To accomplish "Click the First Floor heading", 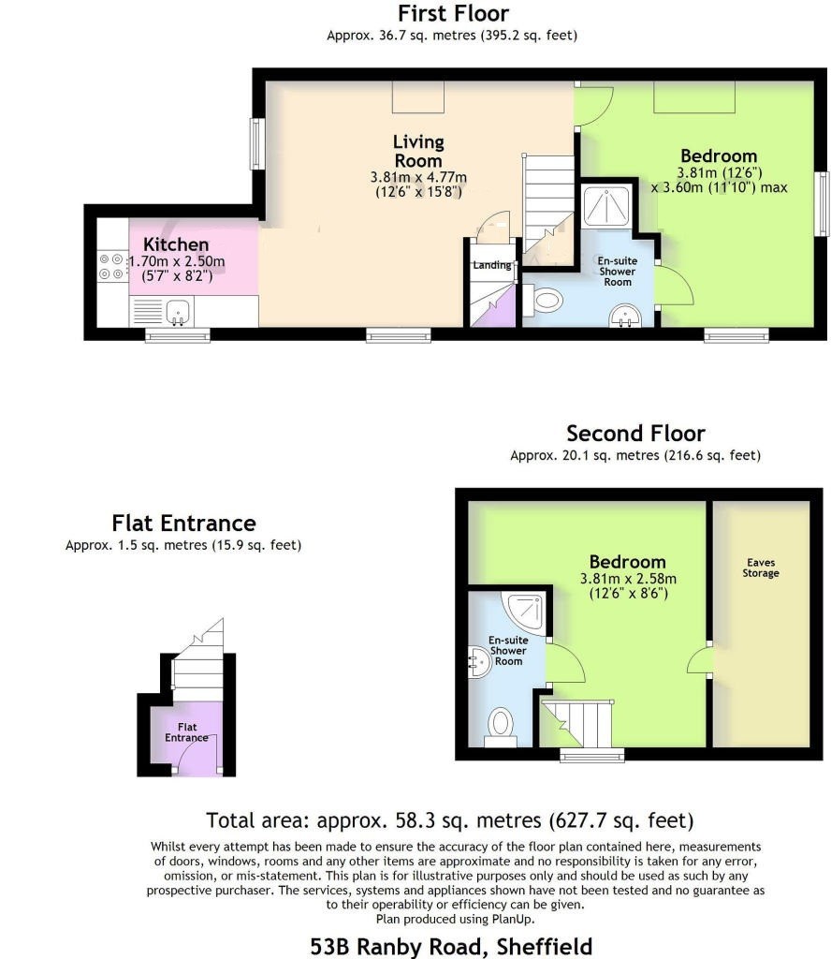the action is [x=453, y=13].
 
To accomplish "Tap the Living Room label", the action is [x=418, y=151].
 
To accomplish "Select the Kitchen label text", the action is [x=176, y=244].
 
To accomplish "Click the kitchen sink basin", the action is [x=179, y=312].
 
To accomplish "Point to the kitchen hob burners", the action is [x=111, y=267].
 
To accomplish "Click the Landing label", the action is [x=492, y=265].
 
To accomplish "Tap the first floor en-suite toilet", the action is [x=543, y=301].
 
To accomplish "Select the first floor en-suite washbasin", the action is [x=625, y=316].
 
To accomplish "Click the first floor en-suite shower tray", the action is [x=606, y=205].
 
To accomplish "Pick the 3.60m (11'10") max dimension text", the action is [x=720, y=187].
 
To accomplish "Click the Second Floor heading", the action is [x=635, y=434].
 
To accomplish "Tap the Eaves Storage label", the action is [x=761, y=568].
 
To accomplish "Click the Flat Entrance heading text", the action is [x=184, y=524].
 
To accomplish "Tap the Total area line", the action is [x=450, y=820].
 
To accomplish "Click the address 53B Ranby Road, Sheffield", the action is [x=452, y=946].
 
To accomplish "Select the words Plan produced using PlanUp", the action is [x=455, y=919].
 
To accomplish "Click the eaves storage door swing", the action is [x=698, y=659].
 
